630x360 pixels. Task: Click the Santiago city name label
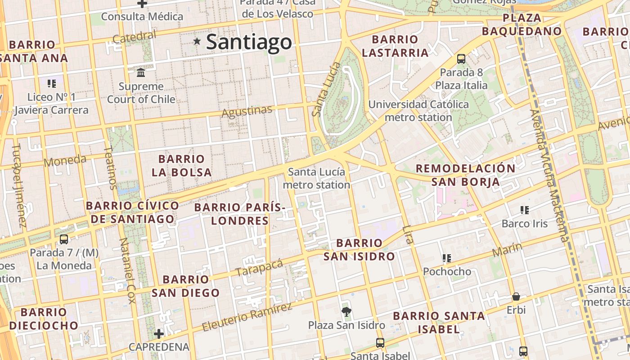(x=249, y=42)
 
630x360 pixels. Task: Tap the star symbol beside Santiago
(x=197, y=41)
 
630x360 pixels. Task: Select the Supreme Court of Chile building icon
(x=141, y=72)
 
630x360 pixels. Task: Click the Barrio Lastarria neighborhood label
(x=395, y=46)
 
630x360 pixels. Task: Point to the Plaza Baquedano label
(x=522, y=24)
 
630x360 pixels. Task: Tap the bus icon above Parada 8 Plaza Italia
(x=461, y=58)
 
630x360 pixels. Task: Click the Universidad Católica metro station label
(x=418, y=111)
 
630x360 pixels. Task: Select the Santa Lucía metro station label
(x=316, y=178)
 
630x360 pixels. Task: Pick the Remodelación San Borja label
(x=465, y=175)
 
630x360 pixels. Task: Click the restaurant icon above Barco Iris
(x=524, y=210)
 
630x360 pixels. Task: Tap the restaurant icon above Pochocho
(x=446, y=258)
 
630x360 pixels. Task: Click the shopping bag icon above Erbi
(x=516, y=297)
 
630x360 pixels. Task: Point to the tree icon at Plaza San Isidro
(x=346, y=311)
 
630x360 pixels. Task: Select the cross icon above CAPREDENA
(x=158, y=334)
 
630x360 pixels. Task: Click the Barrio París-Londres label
(x=240, y=214)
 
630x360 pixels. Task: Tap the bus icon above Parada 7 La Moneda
(x=64, y=239)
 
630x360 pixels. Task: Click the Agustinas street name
(x=247, y=111)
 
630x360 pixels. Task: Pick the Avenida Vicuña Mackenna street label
(x=549, y=175)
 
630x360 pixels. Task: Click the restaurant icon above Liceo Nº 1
(x=52, y=83)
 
